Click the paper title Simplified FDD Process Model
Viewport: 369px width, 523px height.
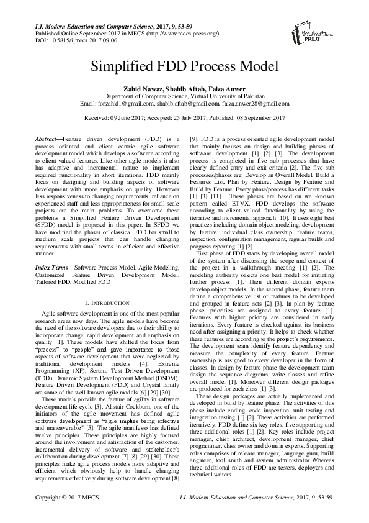184,66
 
